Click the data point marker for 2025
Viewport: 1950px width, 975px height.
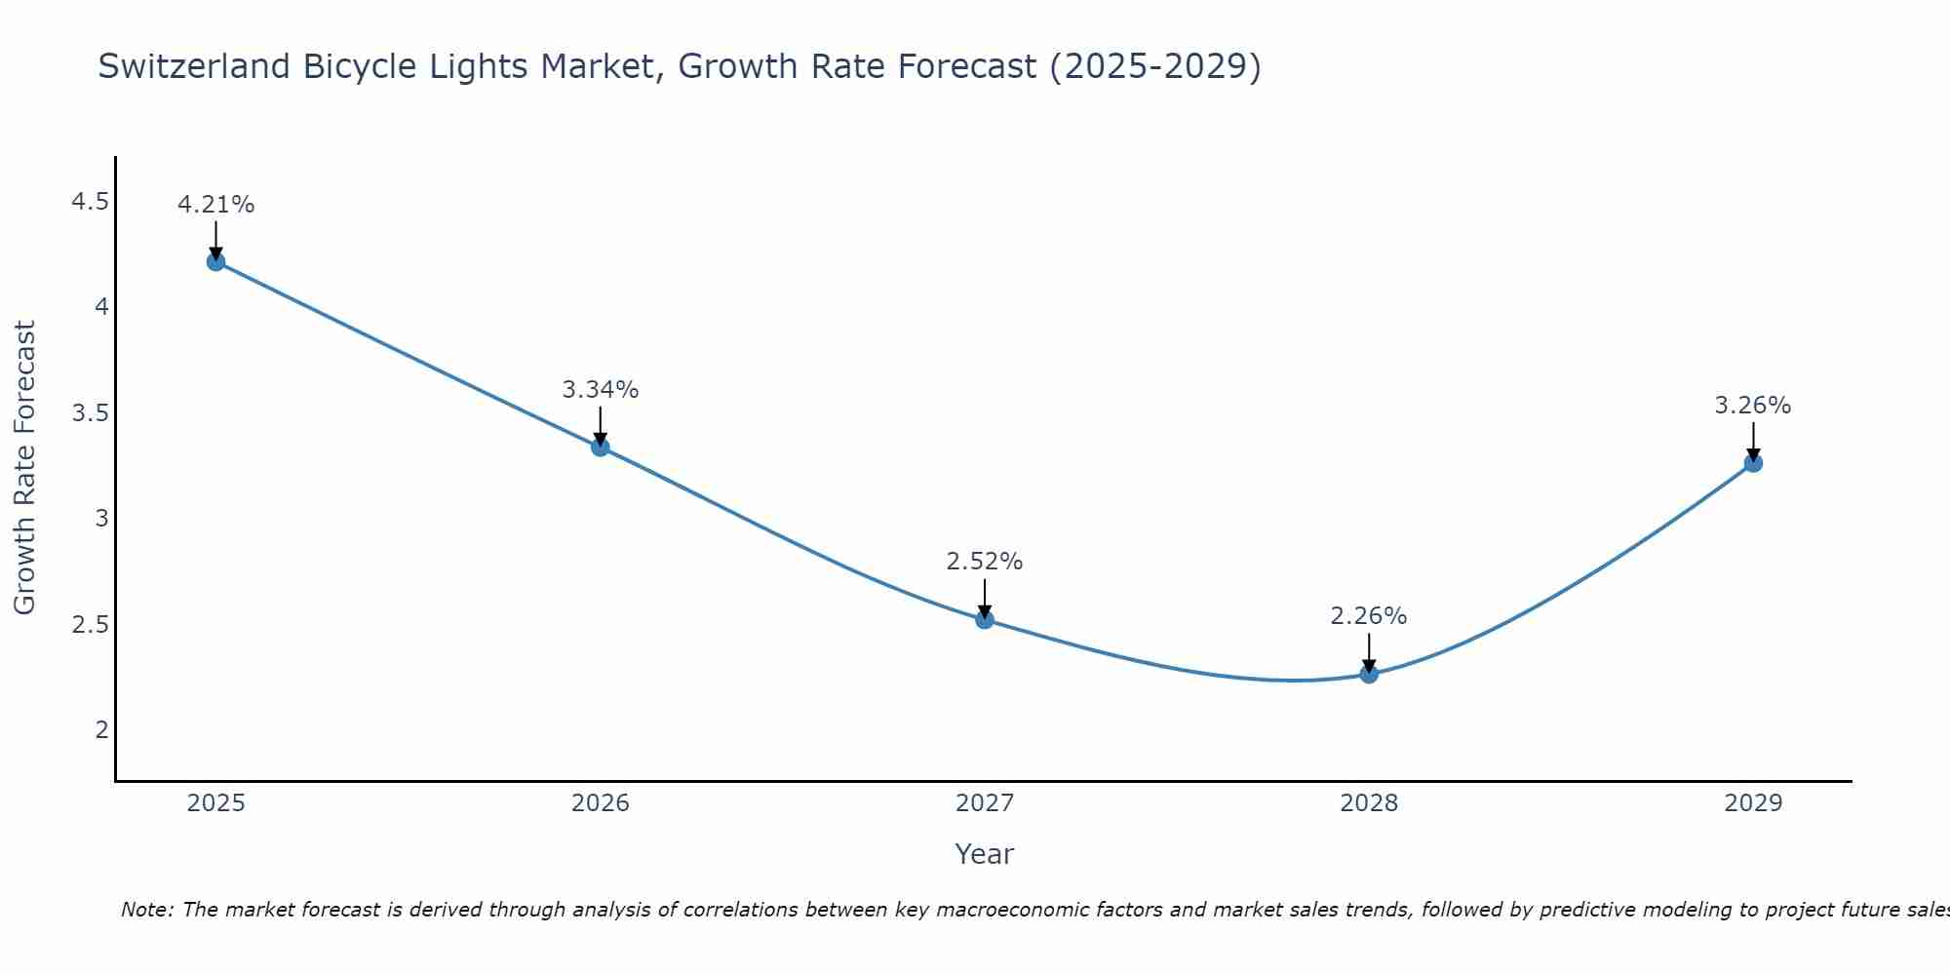tap(215, 261)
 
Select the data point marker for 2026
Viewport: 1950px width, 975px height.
tap(601, 447)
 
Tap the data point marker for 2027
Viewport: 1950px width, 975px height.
tap(985, 619)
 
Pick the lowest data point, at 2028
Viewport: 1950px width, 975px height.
tap(1369, 674)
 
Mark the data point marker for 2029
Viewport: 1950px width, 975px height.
tap(1753, 463)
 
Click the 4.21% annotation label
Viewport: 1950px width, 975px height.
tap(215, 205)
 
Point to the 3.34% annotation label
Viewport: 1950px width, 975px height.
tap(601, 390)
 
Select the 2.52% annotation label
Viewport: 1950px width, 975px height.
tap(985, 562)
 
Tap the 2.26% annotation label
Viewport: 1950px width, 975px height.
tap(1369, 616)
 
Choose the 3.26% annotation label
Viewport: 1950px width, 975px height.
tap(1753, 406)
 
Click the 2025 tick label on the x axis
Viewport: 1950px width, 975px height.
tap(215, 803)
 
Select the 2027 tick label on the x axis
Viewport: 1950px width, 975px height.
tap(985, 803)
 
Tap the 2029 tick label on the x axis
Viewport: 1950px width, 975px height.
tap(1753, 803)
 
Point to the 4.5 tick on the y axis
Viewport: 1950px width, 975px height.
tap(90, 202)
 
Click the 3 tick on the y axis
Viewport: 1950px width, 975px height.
tap(101, 519)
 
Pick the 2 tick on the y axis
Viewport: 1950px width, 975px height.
tap(101, 729)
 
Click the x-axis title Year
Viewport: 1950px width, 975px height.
tap(985, 854)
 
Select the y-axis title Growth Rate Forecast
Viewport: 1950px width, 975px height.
tap(25, 468)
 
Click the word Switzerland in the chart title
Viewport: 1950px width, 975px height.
tap(194, 66)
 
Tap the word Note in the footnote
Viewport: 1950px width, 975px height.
tap(146, 910)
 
